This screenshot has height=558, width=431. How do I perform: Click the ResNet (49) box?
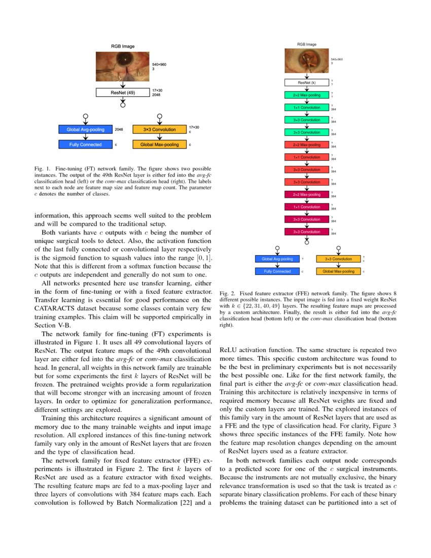tap(122, 92)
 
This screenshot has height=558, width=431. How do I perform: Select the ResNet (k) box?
tap(306, 82)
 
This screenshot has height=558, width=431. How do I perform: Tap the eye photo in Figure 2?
tap(306, 61)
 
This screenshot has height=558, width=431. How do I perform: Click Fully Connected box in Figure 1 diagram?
tap(85, 145)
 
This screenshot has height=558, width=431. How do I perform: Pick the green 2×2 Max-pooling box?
tap(306, 95)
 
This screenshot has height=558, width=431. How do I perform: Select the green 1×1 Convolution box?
tap(306, 108)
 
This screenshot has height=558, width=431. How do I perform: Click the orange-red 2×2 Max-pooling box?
tap(306, 145)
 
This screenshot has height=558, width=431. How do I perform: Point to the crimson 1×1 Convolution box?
tap(306, 207)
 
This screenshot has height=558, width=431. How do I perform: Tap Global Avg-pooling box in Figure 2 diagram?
tap(277, 259)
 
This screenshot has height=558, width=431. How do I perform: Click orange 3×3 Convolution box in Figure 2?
tap(338, 259)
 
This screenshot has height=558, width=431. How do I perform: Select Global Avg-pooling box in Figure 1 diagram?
tap(85, 129)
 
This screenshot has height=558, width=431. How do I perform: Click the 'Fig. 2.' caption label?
tap(227, 294)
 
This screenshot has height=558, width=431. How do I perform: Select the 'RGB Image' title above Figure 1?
tap(122, 47)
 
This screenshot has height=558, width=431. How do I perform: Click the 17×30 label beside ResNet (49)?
tap(157, 90)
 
